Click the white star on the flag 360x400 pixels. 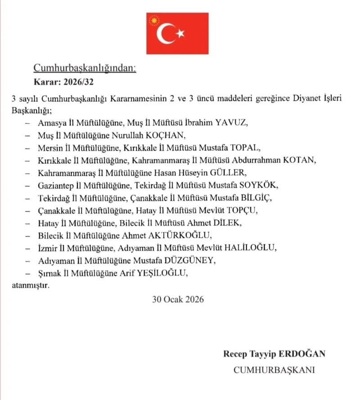point(180,33)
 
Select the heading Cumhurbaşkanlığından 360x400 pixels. point(84,68)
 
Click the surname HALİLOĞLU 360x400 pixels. point(249,247)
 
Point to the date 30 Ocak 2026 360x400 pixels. point(178,299)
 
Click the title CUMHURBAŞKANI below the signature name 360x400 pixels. point(274,370)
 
